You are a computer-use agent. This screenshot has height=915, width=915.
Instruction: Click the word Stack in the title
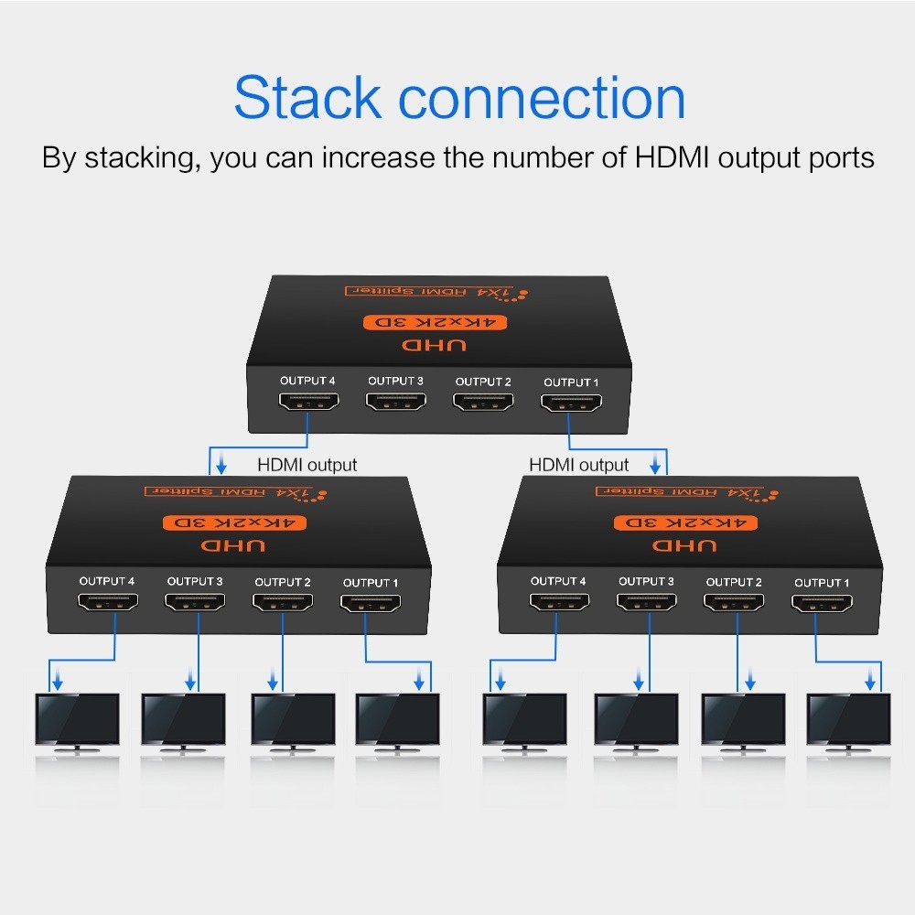(x=306, y=99)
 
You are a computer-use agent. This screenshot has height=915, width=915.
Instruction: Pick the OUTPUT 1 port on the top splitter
(x=571, y=403)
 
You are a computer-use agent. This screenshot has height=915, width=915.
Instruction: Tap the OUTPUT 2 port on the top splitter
(x=483, y=402)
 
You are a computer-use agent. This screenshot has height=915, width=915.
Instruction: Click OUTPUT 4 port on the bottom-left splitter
(x=107, y=602)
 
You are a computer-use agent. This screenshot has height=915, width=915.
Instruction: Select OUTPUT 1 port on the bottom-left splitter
(x=371, y=604)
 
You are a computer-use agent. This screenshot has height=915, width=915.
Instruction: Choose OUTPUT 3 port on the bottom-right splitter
(x=646, y=602)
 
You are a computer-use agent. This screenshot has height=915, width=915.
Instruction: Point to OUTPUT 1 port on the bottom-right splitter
(x=822, y=604)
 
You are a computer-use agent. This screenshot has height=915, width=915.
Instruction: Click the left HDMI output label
(x=307, y=465)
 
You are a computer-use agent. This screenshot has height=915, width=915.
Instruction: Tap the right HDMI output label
(x=579, y=465)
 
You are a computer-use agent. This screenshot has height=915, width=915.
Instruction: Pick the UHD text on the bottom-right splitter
(x=674, y=545)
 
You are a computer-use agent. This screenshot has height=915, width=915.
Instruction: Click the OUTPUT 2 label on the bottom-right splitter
(x=733, y=582)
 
